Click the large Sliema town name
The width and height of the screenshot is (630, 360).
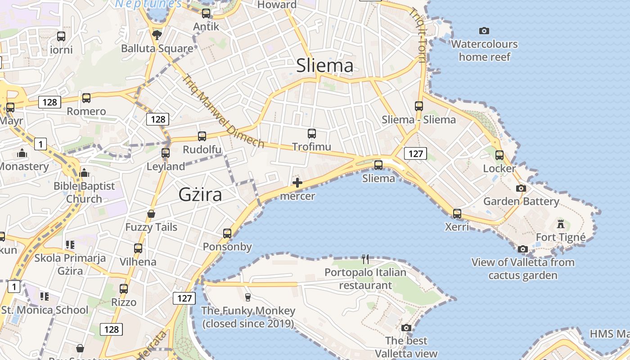[325, 66]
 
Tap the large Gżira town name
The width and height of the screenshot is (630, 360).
[200, 195]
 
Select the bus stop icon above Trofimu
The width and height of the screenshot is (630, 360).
[311, 134]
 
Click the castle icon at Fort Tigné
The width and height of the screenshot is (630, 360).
[561, 224]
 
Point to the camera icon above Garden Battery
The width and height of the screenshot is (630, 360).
[521, 188]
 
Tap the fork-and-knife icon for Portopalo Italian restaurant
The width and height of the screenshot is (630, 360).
[365, 259]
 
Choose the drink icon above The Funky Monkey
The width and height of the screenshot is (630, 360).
[247, 297]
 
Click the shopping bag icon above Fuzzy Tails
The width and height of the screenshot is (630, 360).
[151, 214]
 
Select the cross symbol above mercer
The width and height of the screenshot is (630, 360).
[297, 183]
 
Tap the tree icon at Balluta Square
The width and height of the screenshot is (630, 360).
[157, 35]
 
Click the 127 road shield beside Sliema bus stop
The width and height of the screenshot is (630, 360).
[415, 153]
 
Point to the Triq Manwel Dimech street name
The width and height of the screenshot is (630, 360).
[223, 111]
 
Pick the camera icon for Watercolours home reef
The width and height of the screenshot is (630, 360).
[484, 31]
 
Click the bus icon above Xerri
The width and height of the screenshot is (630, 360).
[457, 213]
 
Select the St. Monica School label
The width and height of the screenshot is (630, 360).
[45, 310]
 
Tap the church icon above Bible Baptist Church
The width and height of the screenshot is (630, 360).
[84, 173]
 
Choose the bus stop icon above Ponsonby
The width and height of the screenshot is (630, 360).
[227, 233]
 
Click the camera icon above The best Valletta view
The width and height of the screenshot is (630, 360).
[406, 328]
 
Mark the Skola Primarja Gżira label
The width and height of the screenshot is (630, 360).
[70, 264]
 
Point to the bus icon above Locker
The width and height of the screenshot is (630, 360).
[499, 155]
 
